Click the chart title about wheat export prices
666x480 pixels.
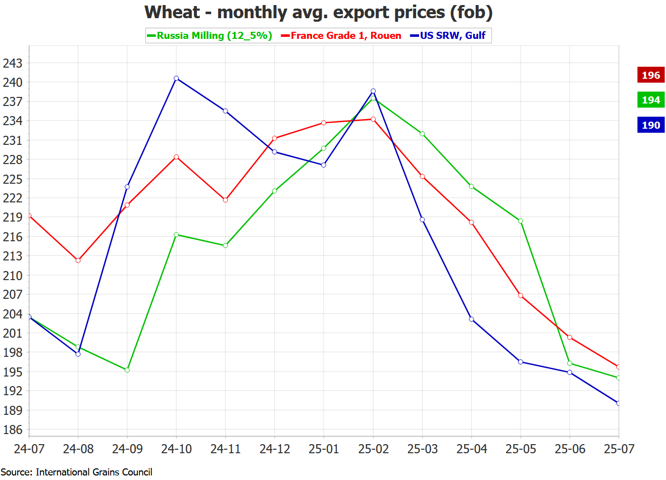(x=318, y=12)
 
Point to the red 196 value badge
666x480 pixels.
(x=650, y=75)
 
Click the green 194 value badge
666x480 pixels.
(x=650, y=100)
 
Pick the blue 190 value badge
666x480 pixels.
(x=650, y=125)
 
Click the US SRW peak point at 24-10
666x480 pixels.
(x=176, y=78)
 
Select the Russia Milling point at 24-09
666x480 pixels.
(x=127, y=370)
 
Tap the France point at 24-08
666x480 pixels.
(x=78, y=260)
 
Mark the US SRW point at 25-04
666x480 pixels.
(x=472, y=319)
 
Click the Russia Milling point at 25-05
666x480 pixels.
(x=521, y=221)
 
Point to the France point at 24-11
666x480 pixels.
(x=225, y=200)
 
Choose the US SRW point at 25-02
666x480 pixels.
(x=373, y=91)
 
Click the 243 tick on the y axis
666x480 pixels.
(x=13, y=63)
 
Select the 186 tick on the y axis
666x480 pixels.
(x=13, y=430)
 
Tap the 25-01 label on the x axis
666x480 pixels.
(x=324, y=449)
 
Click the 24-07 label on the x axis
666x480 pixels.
(x=29, y=449)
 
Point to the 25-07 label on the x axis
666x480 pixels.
(x=619, y=449)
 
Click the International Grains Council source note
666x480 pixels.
(x=76, y=472)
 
